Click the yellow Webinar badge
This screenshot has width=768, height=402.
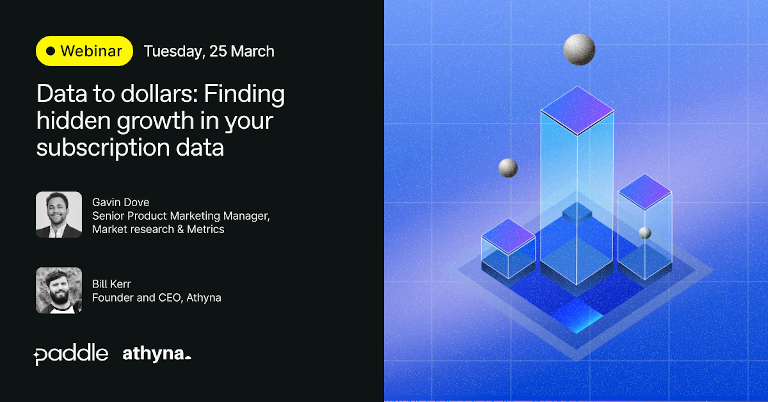tap(84, 51)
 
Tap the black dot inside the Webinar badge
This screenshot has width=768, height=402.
tap(51, 51)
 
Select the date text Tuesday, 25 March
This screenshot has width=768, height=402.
tap(209, 51)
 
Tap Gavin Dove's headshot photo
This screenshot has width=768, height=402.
tap(59, 215)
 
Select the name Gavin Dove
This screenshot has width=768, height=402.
tap(121, 202)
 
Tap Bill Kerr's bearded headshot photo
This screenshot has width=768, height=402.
tap(59, 290)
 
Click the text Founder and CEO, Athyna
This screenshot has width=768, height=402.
tap(157, 298)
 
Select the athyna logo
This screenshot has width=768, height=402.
tap(157, 354)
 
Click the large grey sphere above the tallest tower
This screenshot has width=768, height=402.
tap(579, 50)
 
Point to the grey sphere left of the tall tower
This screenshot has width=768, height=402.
tap(508, 168)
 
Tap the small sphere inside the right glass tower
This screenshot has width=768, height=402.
tap(645, 233)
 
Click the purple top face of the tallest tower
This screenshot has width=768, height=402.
tap(577, 110)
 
